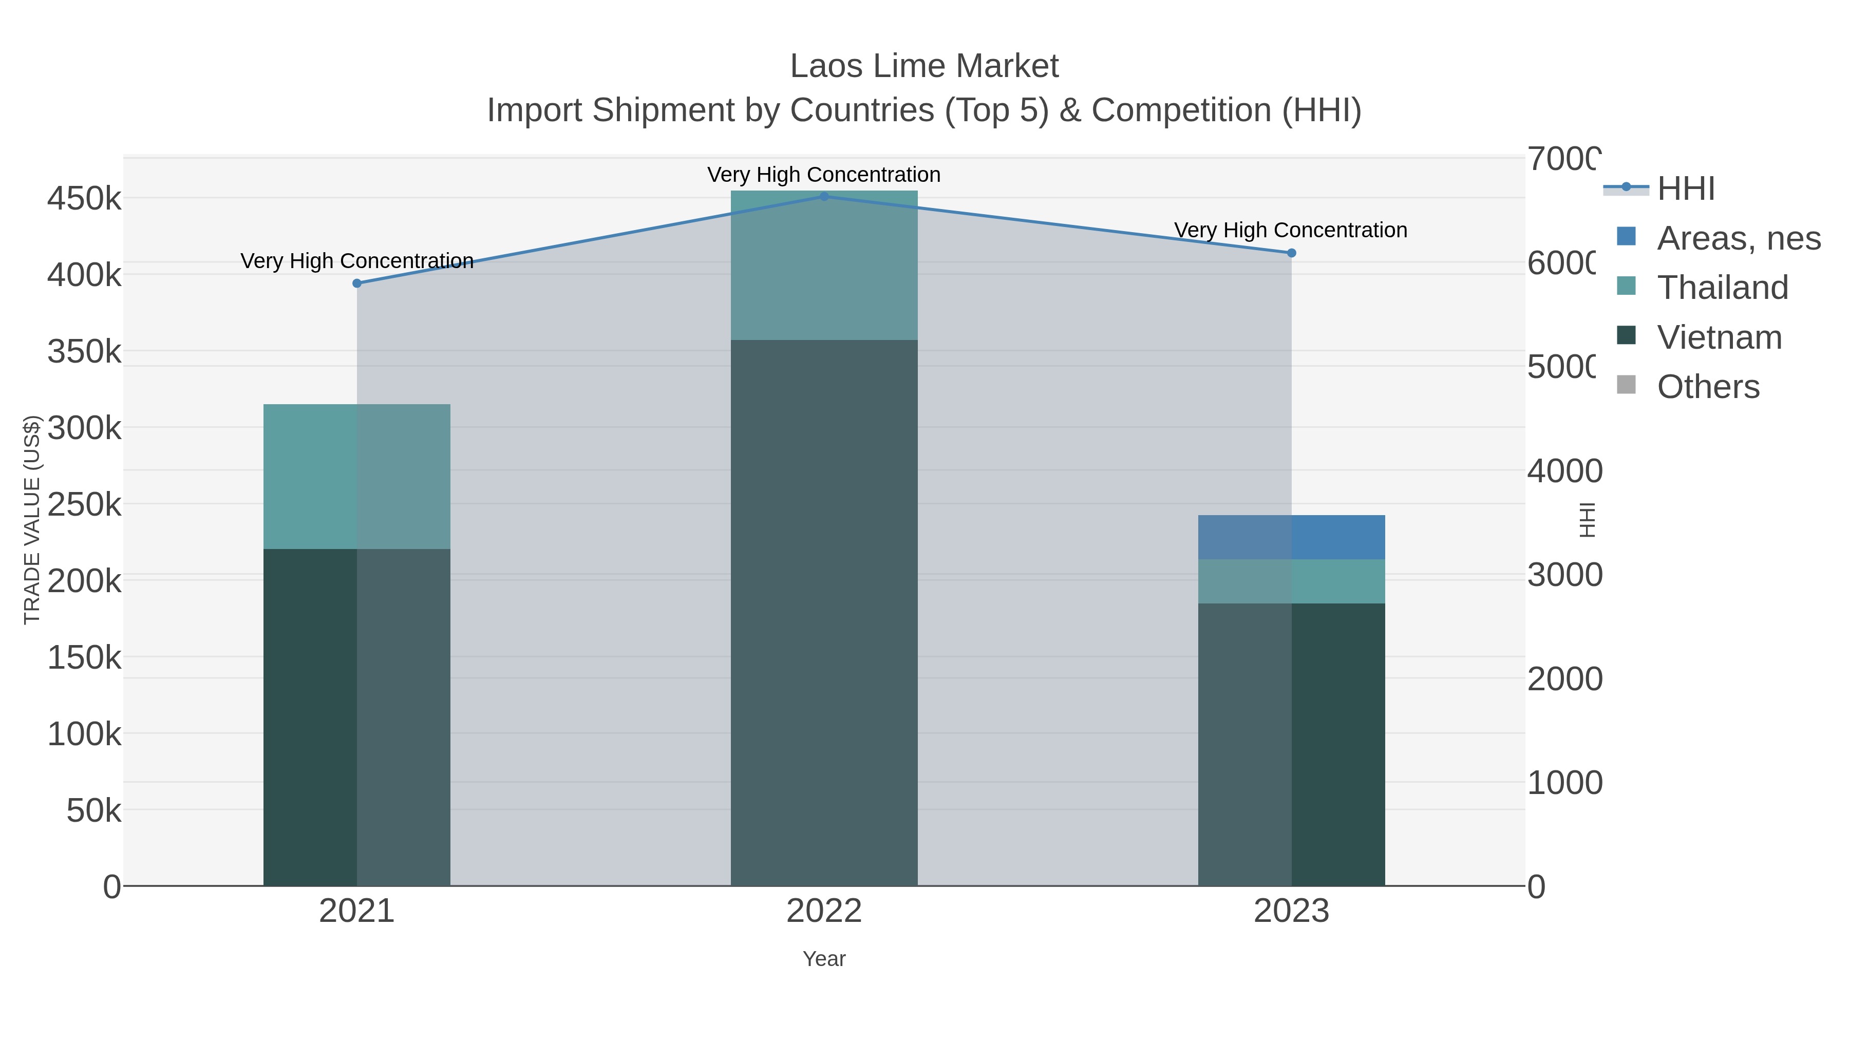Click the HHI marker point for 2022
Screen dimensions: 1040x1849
824,197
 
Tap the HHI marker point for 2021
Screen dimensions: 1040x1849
357,283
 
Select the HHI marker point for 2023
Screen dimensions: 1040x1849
1291,253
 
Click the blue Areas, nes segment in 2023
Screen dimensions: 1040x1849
1291,537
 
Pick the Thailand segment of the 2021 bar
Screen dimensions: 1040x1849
357,477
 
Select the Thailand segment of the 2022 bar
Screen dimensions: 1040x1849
824,266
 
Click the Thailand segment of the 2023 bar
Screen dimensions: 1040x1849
1291,581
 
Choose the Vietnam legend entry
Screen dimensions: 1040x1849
1719,337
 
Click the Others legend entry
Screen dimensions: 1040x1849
1708,387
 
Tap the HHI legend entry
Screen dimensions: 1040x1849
1685,189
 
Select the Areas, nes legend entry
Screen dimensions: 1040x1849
1738,238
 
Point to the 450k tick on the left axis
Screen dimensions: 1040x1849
84,199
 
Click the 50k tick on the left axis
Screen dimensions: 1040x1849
93,811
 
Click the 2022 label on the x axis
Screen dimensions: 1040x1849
824,912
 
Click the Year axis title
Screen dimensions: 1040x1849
824,959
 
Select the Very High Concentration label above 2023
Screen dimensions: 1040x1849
1291,231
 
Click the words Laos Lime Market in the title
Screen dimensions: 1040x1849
924,67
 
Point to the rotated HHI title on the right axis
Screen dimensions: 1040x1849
1588,520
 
